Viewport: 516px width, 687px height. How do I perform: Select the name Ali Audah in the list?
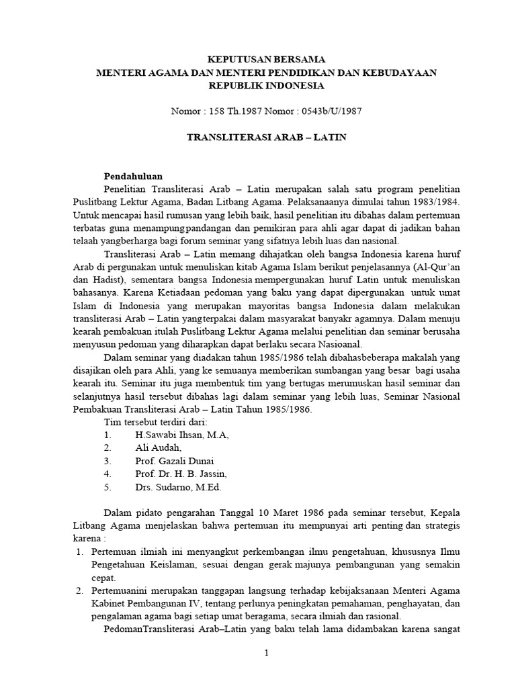(x=158, y=448)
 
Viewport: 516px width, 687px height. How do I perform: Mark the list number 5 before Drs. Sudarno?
(x=107, y=487)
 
